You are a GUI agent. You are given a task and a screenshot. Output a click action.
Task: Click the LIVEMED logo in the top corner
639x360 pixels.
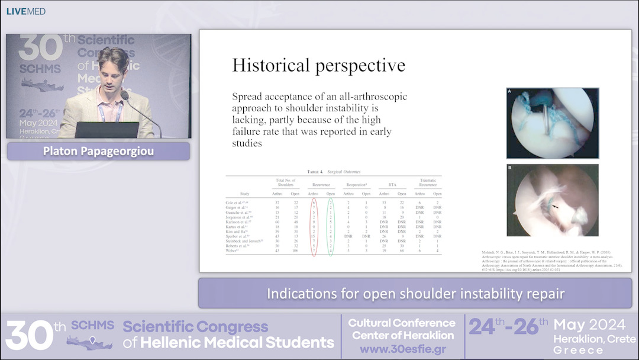pyautogui.click(x=26, y=11)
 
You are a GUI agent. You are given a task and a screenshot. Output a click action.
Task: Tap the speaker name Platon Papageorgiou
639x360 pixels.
pyautogui.click(x=98, y=151)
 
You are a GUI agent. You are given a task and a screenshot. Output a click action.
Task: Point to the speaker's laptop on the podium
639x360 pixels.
pyautogui.click(x=106, y=130)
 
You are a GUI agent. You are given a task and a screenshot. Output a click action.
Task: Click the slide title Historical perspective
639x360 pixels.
pyautogui.click(x=318, y=65)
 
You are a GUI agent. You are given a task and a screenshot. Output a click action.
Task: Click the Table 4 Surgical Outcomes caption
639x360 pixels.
pyautogui.click(x=333, y=171)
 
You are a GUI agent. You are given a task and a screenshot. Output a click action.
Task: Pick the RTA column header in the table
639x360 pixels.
pyautogui.click(x=392, y=185)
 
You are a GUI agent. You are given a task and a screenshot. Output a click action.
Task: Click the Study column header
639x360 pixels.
pyautogui.click(x=244, y=193)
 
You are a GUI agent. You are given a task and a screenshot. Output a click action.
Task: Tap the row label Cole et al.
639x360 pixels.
pyautogui.click(x=239, y=202)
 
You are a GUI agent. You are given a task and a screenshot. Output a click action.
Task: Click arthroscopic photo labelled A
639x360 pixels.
pyautogui.click(x=553, y=123)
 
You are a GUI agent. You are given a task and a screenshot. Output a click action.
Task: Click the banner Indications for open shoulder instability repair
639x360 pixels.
pyautogui.click(x=415, y=293)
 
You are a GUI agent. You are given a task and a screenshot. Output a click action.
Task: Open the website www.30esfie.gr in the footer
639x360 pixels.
pyautogui.click(x=402, y=349)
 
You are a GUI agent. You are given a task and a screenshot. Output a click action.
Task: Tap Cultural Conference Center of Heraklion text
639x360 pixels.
pyautogui.click(x=402, y=329)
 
